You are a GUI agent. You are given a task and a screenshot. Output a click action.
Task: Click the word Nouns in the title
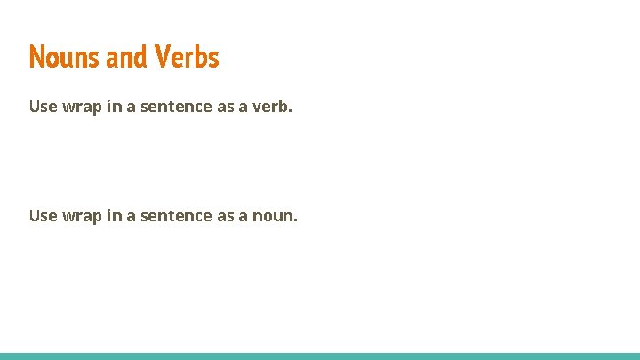tap(65, 57)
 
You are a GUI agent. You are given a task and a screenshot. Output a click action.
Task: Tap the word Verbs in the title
tap(186, 57)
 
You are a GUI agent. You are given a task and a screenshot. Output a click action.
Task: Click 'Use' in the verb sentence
tap(44, 107)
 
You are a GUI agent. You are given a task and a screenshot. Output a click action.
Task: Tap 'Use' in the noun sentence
tap(44, 215)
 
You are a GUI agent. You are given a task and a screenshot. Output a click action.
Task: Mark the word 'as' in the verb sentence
tap(224, 107)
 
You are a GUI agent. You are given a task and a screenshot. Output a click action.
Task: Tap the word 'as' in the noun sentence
tap(224, 215)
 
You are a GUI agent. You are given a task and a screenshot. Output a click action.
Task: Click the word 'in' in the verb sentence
tap(112, 107)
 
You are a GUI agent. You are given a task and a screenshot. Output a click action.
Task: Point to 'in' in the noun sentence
tap(112, 215)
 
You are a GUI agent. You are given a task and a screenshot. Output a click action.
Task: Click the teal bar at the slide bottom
tap(320, 356)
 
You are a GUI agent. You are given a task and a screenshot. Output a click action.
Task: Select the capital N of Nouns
tap(36, 57)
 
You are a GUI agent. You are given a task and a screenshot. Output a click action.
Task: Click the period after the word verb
tap(291, 111)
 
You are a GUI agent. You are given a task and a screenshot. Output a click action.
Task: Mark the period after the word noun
tap(295, 220)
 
